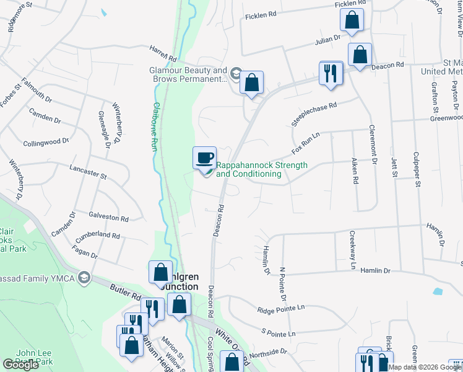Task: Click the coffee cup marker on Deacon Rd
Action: click(x=204, y=158)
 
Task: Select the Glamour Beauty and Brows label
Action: click(x=188, y=75)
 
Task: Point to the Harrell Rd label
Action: click(x=163, y=53)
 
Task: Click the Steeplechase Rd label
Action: click(x=314, y=115)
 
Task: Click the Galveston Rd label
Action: click(x=109, y=218)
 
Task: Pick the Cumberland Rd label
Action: click(x=98, y=236)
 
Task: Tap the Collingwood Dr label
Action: click(x=46, y=142)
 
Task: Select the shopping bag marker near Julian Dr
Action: click(x=352, y=20)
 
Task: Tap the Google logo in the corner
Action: click(x=21, y=365)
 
